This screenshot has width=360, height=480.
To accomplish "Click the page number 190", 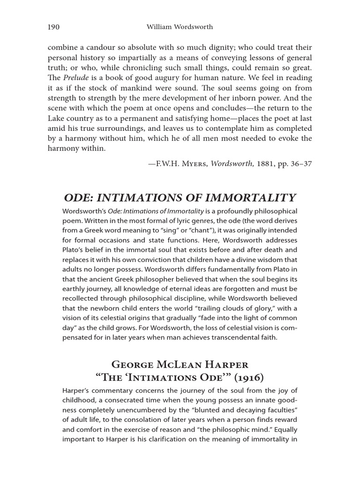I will coord(53,27).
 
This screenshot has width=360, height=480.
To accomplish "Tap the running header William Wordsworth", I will coord(180,27).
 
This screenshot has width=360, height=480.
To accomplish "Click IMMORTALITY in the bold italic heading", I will coord(249,197).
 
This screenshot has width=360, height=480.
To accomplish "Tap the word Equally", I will coord(285,430).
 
